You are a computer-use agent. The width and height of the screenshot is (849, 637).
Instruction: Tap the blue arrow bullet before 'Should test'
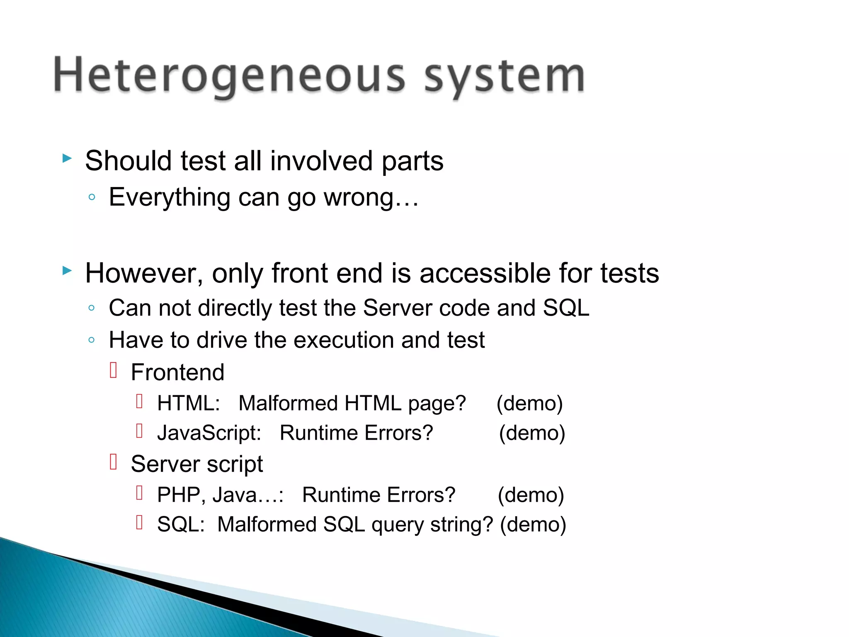[67, 158]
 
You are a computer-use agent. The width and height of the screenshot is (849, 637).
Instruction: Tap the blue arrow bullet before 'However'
[67, 271]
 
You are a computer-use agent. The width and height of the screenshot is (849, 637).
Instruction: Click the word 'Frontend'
[177, 372]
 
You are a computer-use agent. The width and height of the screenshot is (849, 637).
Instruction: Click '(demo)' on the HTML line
[529, 403]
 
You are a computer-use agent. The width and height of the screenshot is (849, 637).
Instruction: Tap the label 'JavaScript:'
[209, 433]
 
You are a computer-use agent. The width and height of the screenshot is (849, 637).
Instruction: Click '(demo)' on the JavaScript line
[532, 433]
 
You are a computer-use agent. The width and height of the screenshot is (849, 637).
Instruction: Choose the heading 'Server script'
[196, 464]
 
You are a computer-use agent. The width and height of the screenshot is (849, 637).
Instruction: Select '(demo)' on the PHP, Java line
[531, 495]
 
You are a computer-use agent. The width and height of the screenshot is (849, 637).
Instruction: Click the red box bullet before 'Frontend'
[114, 370]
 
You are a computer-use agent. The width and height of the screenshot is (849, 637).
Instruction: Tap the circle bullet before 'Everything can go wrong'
[92, 197]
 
